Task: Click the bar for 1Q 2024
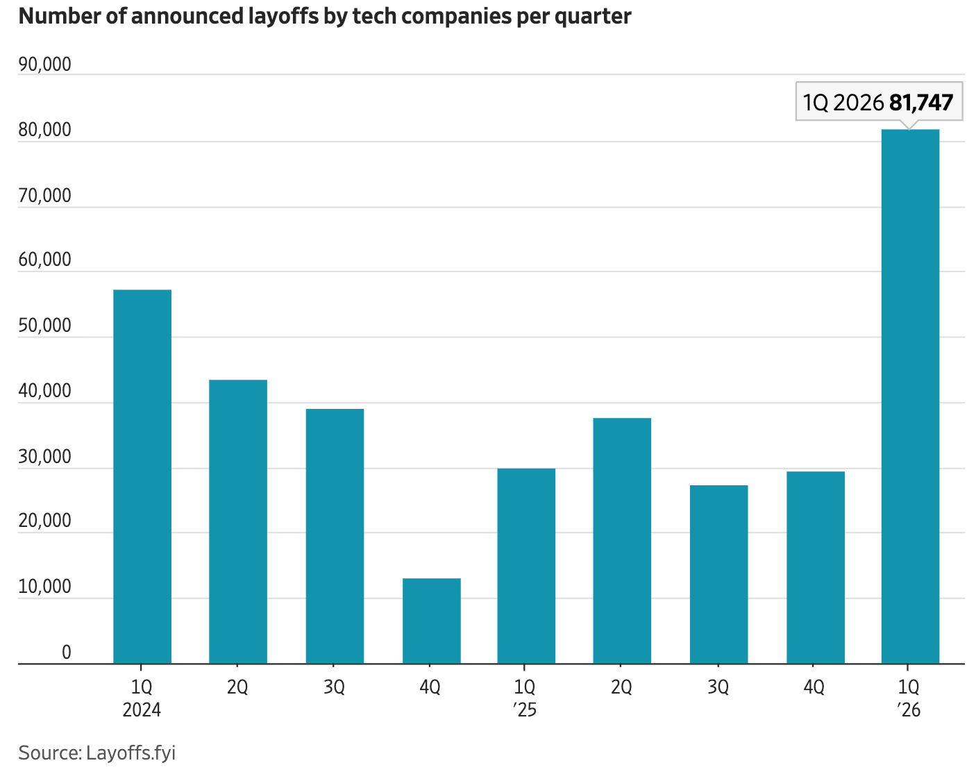142,476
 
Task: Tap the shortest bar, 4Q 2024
431,621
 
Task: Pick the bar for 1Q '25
526,566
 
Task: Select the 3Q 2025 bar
718,574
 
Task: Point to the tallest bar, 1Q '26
910,396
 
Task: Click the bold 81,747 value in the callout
920,103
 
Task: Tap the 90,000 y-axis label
44,65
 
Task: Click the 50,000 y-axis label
44,326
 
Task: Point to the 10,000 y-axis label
44,587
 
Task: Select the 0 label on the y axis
66,652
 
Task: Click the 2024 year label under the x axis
142,710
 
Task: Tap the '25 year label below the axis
525,710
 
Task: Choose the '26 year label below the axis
909,710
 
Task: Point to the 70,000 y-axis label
44,196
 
